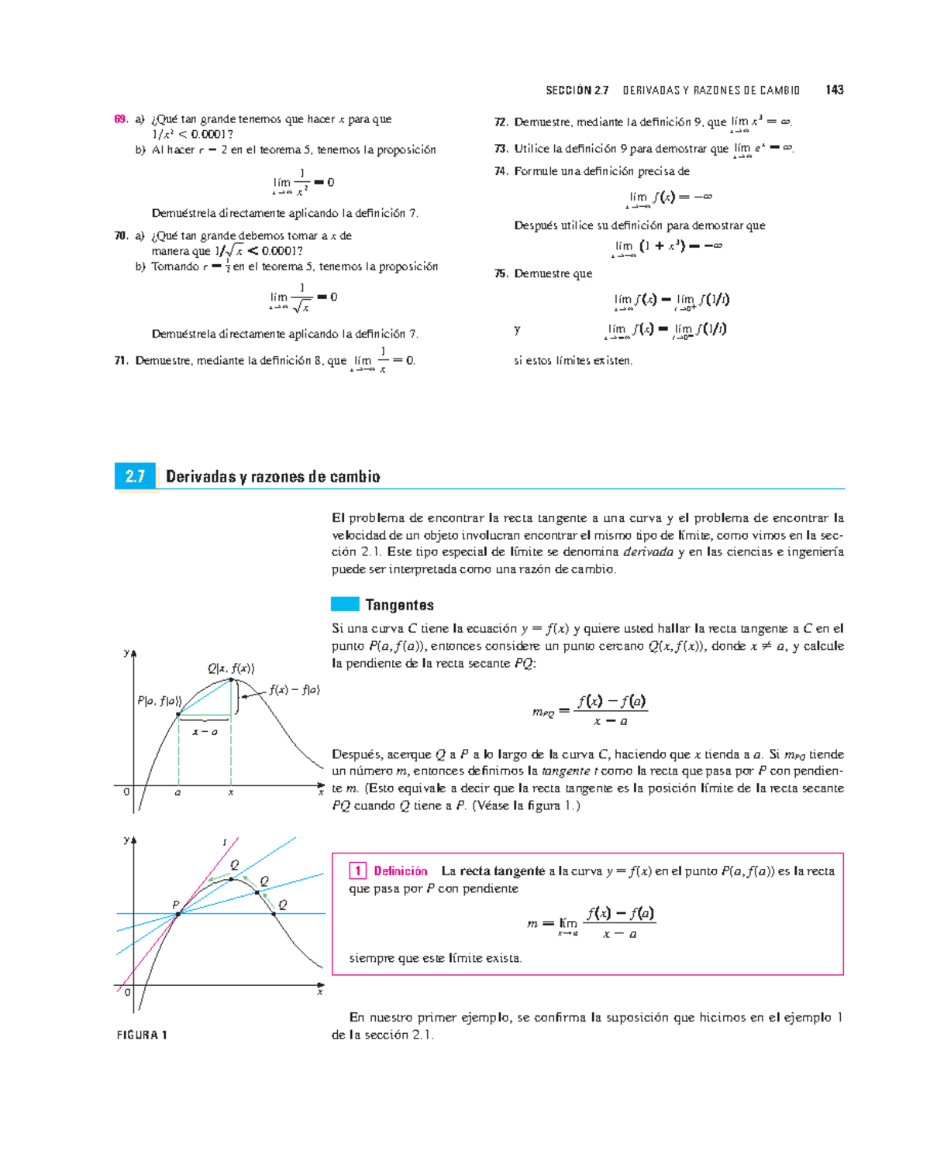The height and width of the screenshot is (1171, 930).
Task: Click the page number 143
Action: pos(834,90)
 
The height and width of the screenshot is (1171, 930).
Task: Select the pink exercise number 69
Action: pos(120,119)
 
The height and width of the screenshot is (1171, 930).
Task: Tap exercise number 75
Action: pos(501,273)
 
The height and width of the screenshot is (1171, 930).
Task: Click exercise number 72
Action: pos(501,122)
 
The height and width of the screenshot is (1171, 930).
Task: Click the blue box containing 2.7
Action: pos(135,476)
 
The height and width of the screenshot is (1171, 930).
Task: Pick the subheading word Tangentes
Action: pos(399,605)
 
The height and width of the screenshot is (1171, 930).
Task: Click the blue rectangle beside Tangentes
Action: pos(345,604)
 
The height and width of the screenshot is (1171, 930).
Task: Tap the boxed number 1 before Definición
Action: pos(357,871)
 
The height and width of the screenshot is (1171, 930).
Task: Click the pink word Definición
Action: pos(401,871)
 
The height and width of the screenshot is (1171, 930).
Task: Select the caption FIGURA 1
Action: pos(142,1035)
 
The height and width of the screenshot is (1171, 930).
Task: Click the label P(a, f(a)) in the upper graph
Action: pos(159,701)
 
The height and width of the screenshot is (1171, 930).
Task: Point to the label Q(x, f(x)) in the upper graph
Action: pos(230,668)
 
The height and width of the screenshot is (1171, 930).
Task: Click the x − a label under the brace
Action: pos(205,732)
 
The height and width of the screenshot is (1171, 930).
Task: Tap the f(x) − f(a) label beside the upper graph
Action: pos(294,689)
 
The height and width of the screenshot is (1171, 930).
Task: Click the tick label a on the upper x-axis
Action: pos(178,792)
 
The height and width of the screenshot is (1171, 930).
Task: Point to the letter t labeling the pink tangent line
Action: pos(225,843)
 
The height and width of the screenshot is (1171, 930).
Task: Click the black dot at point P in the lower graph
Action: pos(178,914)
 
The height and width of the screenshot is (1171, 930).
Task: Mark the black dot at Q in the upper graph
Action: pos(231,680)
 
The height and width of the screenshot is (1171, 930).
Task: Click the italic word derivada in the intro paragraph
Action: pos(648,552)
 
